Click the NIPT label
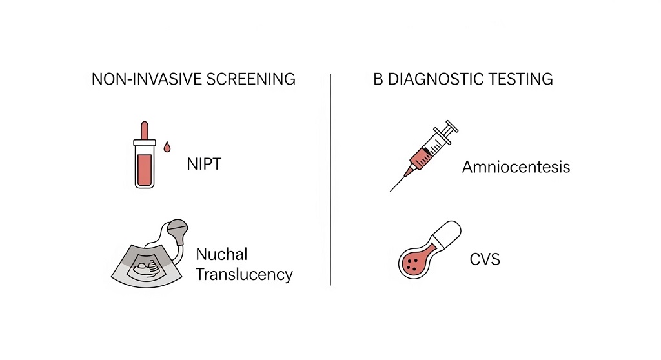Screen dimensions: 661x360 (x=203, y=163)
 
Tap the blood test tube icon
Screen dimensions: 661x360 (x=145, y=165)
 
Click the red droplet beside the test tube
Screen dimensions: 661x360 (x=167, y=148)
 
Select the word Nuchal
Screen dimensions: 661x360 (x=221, y=254)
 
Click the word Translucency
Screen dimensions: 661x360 (x=243, y=274)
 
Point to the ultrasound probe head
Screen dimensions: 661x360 (x=177, y=230)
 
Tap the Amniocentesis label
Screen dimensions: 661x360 (x=516, y=167)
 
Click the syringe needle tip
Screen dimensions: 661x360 (x=392, y=190)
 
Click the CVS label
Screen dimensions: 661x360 (x=485, y=260)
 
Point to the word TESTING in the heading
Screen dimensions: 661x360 (x=521, y=79)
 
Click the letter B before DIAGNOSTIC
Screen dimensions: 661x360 (x=378, y=79)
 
